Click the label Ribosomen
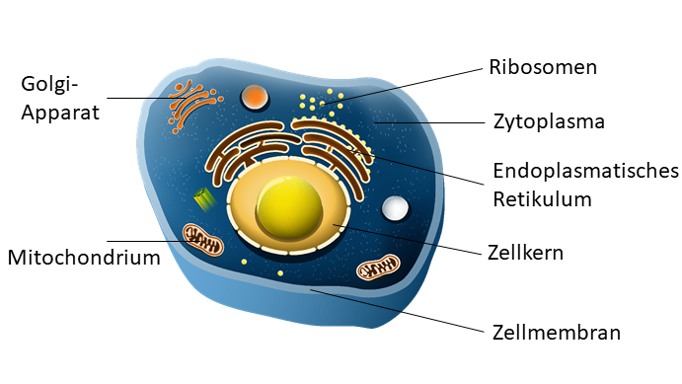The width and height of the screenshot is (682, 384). [x=543, y=67]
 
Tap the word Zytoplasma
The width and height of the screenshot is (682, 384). [x=549, y=121]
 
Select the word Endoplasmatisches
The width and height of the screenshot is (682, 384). [x=585, y=172]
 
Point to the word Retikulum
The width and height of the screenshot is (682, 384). [x=542, y=199]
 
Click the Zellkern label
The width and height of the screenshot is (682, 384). [x=525, y=253]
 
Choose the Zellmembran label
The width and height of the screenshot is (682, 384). [x=557, y=333]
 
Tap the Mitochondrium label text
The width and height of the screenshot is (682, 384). [x=84, y=258]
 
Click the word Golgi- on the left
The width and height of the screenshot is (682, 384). [x=49, y=85]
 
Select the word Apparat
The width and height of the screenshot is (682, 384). [x=60, y=114]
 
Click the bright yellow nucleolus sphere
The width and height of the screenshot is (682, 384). [x=289, y=208]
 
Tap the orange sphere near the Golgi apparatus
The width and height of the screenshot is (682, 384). [x=255, y=97]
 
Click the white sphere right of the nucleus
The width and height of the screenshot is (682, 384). [x=395, y=207]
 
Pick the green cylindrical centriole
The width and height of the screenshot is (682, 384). [x=204, y=198]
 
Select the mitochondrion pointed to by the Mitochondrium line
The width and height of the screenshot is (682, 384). [x=202, y=240]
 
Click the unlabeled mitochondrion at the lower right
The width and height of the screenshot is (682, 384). [x=378, y=267]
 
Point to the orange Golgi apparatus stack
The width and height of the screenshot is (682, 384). [x=193, y=105]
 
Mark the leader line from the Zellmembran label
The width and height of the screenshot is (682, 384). [x=397, y=311]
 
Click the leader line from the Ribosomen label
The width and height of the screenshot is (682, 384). [x=402, y=86]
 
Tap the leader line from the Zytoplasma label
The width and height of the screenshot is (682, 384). [x=429, y=122]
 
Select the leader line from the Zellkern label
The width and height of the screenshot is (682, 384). [x=408, y=239]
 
